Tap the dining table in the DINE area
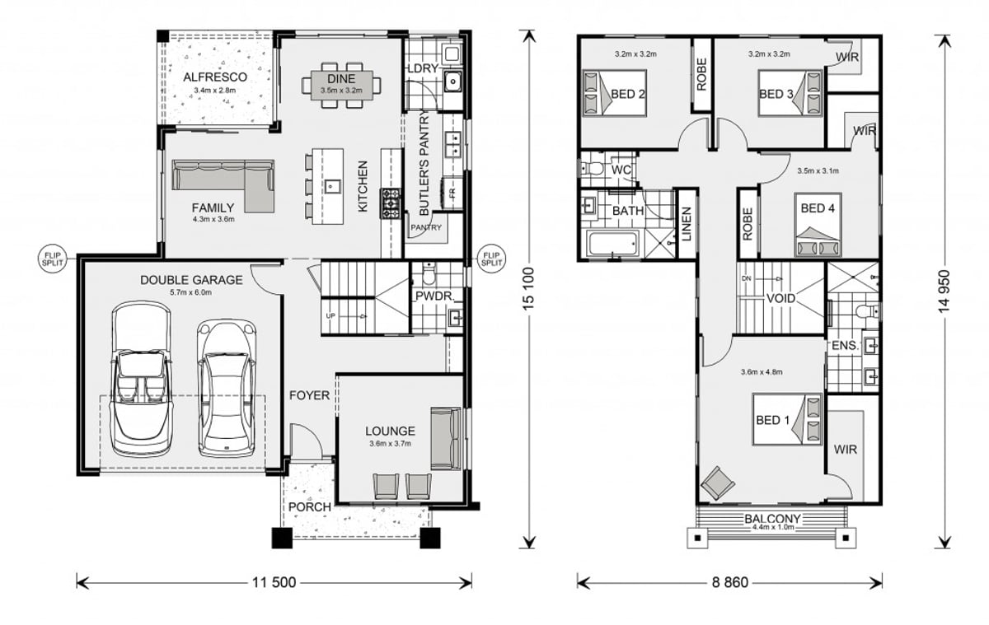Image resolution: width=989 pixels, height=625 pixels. tap(342, 83)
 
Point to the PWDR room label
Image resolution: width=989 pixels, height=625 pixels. tap(430, 293)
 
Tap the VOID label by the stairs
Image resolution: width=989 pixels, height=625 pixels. tap(780, 298)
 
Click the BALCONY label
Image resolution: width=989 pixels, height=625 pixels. tap(773, 519)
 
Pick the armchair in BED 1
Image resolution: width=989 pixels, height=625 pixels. tap(715, 482)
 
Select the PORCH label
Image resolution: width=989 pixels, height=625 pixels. tap(309, 506)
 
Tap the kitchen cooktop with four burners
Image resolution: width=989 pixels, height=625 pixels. tap(389, 202)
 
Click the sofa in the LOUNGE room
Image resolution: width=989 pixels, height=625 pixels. tap(446, 437)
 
